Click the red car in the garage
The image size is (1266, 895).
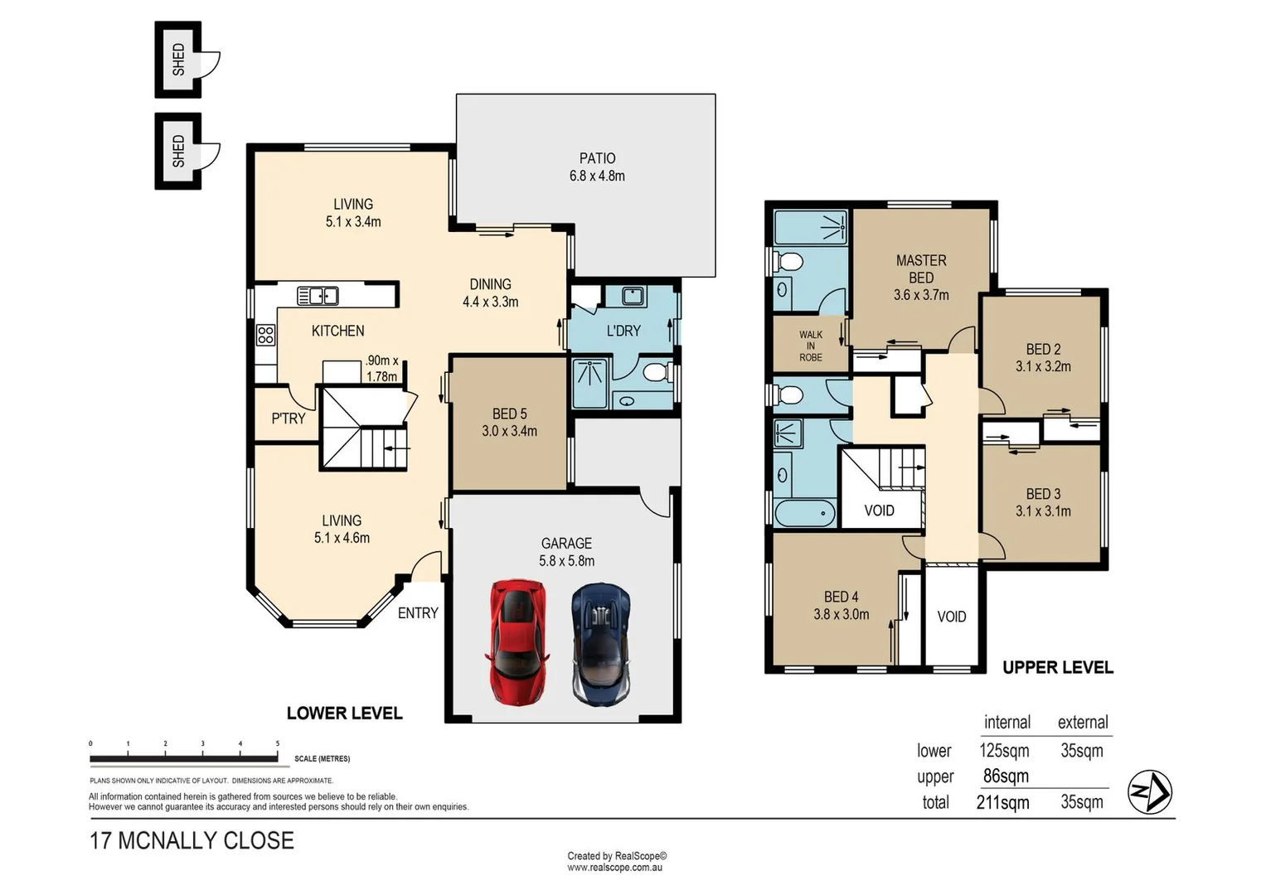click(x=517, y=641)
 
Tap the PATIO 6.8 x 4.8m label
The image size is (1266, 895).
click(x=597, y=167)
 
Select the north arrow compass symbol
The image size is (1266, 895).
click(x=1150, y=792)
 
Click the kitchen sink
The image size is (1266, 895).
click(x=318, y=295)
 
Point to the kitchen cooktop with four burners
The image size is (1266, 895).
click(x=265, y=335)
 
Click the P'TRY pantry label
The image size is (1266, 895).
click(x=289, y=418)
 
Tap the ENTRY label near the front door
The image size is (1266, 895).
click(x=418, y=613)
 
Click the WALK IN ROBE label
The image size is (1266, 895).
click(x=810, y=346)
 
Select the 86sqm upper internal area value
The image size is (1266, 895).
click(x=1006, y=776)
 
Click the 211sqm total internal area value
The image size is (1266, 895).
click(x=1003, y=802)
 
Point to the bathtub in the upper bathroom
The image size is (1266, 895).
click(x=804, y=513)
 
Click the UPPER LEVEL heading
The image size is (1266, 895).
click(x=1057, y=668)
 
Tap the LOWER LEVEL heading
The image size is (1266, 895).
click(x=344, y=714)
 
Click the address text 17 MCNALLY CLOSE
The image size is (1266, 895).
click(x=192, y=840)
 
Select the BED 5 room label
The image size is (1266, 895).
click(x=509, y=422)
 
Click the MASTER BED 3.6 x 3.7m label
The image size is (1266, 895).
click(x=920, y=278)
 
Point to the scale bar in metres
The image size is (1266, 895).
click(x=184, y=757)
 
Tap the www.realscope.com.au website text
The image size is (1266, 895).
click(x=614, y=868)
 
